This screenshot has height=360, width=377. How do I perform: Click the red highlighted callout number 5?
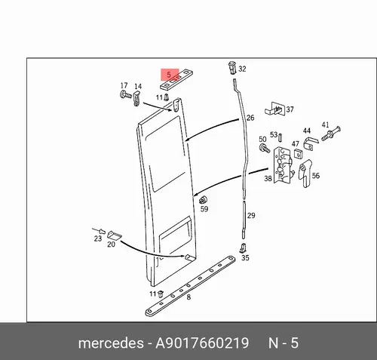[169, 75]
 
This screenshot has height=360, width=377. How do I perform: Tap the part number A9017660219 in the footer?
[202, 343]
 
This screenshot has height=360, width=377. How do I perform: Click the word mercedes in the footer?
[111, 343]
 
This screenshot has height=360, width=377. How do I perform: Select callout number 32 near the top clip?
[242, 69]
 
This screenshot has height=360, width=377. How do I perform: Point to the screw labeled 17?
[125, 95]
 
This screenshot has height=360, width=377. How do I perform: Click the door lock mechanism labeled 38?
[284, 165]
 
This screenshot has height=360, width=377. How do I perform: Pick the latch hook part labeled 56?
[305, 174]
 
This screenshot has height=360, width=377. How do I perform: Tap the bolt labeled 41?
[330, 134]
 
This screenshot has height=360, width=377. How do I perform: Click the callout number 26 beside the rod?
[250, 118]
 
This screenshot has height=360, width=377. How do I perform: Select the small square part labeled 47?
[298, 154]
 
